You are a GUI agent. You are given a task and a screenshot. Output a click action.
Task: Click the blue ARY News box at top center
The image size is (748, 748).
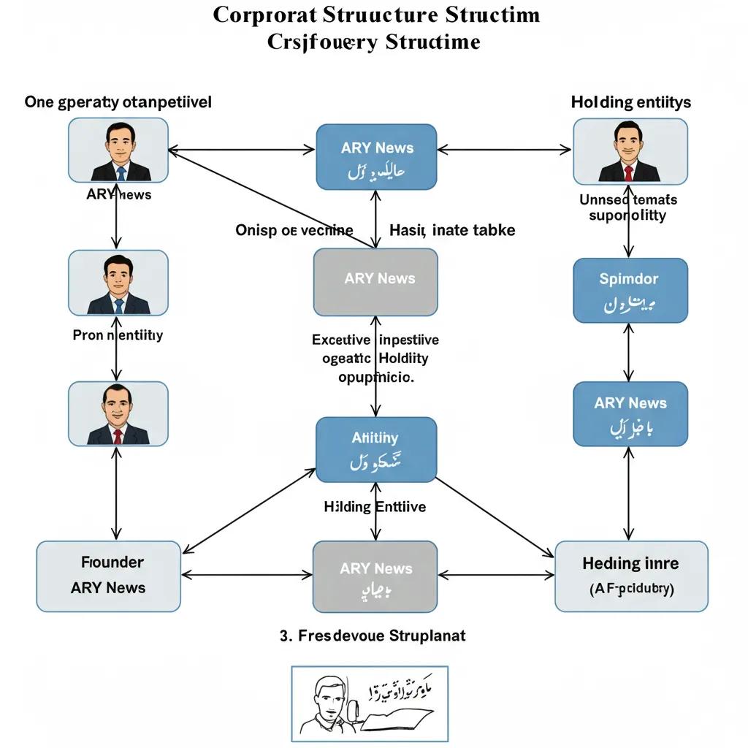(376, 156)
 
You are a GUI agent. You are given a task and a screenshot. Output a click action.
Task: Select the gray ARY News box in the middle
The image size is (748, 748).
(375, 282)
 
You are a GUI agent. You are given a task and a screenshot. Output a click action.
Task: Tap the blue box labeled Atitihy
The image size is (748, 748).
(376, 450)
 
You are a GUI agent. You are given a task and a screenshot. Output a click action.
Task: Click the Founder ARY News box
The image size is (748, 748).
(108, 576)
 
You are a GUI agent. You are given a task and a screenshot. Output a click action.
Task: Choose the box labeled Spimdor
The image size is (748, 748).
(630, 290)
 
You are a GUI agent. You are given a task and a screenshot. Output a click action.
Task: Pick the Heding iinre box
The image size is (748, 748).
(631, 576)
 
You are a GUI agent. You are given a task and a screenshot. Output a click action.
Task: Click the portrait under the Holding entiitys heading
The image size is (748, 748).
(630, 151)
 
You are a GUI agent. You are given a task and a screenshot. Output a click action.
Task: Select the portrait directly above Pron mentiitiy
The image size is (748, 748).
(118, 283)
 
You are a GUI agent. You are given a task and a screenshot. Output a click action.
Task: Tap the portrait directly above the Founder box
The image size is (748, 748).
(118, 413)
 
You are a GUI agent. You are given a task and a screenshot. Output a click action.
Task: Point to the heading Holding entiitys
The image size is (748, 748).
(630, 102)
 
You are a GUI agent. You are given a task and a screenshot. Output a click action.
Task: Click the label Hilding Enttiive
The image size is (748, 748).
(375, 506)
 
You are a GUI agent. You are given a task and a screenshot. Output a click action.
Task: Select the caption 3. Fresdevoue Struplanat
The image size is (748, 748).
(373, 636)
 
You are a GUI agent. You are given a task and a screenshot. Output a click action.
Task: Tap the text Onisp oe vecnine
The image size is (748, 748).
(294, 230)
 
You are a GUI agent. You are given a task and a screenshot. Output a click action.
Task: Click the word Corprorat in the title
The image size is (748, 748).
(263, 15)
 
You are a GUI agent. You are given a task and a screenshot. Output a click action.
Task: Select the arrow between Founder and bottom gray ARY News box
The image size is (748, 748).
(246, 576)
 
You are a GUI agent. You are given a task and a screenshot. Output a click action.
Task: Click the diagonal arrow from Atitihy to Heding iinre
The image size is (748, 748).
(495, 516)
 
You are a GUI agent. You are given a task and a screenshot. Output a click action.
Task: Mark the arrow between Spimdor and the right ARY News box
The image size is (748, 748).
(628, 352)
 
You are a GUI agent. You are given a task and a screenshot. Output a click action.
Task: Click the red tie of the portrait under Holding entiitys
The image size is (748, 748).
(628, 172)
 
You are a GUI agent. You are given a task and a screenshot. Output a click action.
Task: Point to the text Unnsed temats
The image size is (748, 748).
(628, 199)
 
